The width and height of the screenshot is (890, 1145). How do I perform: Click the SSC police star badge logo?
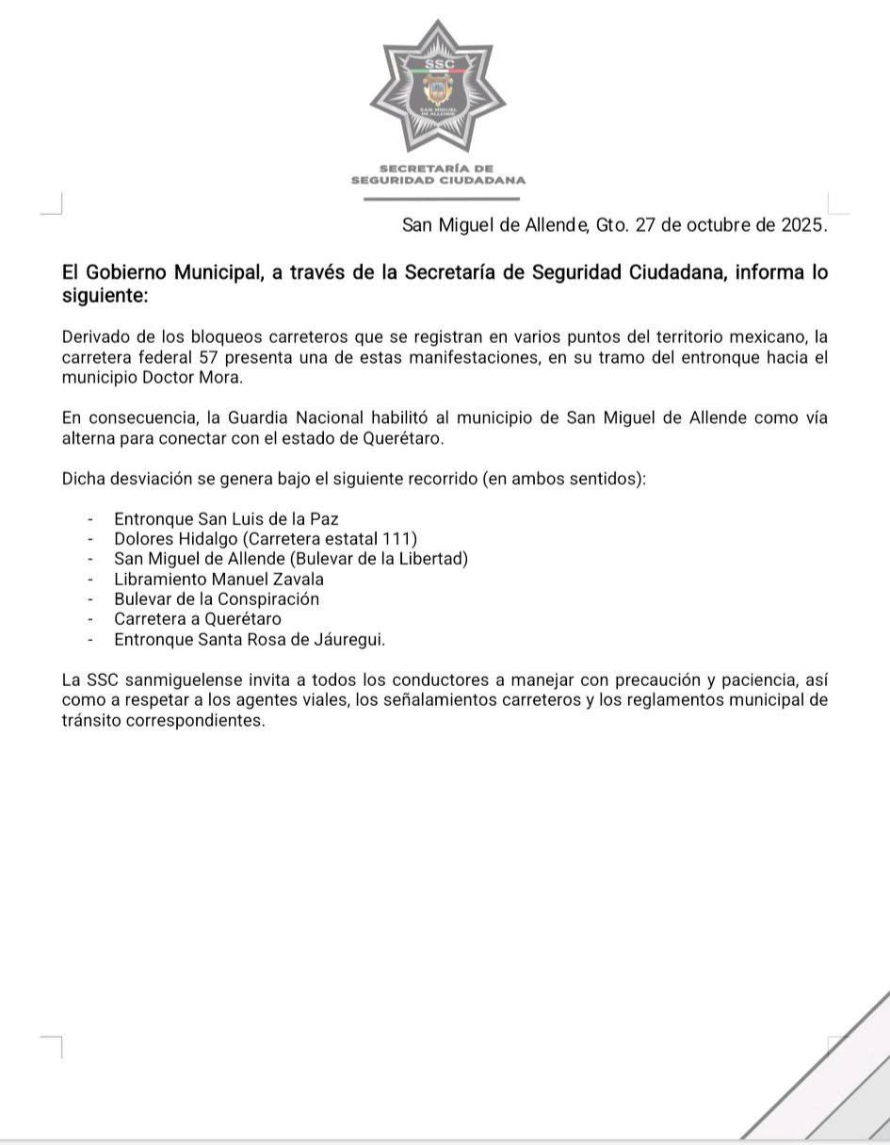click(x=438, y=87)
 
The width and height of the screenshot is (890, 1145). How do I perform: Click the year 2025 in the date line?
click(x=803, y=225)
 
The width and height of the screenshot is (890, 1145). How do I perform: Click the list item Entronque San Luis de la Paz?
click(x=226, y=518)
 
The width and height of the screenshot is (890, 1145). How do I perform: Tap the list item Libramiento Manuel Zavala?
click(x=218, y=579)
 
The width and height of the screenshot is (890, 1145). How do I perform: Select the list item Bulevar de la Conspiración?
click(x=217, y=599)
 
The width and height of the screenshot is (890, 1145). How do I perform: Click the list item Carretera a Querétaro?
click(x=198, y=619)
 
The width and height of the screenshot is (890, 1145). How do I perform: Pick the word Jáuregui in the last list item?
click(x=350, y=640)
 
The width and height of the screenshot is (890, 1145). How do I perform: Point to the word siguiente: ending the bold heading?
click(x=105, y=296)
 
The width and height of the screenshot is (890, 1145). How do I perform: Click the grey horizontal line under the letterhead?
click(x=442, y=199)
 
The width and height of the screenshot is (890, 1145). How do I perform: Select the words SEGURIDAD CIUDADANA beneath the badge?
click(x=438, y=180)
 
